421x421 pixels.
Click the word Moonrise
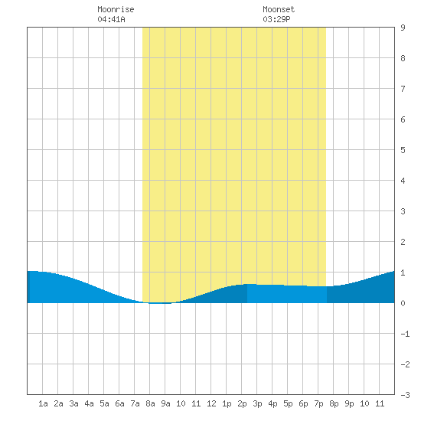tap(116, 9)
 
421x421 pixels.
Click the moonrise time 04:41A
tap(111, 19)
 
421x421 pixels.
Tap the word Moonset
tap(279, 9)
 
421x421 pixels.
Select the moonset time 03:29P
tap(276, 19)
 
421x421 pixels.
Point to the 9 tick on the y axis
tap(403, 28)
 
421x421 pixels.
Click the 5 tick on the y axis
tap(403, 150)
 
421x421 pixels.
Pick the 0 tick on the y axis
tap(403, 303)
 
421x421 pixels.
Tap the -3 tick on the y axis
tap(405, 395)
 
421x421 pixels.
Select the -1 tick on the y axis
tap(405, 334)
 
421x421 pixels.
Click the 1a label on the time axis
tap(43, 403)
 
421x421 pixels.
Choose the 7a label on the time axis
tap(135, 403)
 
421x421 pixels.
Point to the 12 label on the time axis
tap(211, 403)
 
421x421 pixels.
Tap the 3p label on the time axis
tap(257, 403)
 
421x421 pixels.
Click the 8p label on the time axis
tap(334, 403)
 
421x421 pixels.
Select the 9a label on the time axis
tap(165, 403)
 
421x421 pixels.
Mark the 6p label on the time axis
tap(303, 403)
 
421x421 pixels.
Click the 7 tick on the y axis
tap(403, 89)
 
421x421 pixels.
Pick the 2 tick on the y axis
tap(403, 242)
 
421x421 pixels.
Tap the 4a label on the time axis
tap(89, 403)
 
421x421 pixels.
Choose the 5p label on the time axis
tap(288, 403)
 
